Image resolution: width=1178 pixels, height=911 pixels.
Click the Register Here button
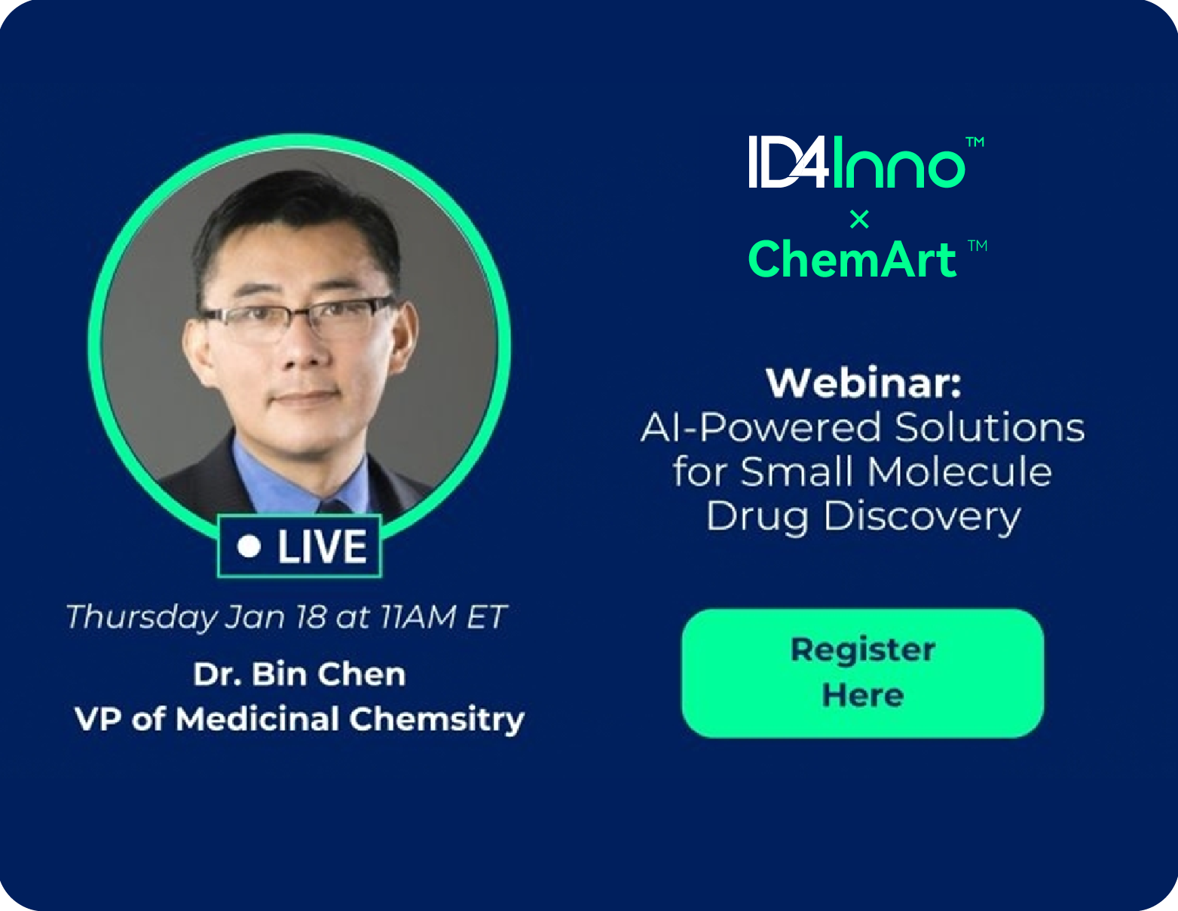[x=862, y=673]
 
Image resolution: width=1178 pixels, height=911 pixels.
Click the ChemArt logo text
[x=852, y=260]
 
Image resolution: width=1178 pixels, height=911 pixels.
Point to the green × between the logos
[x=859, y=219]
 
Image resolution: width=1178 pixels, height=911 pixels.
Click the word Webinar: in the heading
[x=863, y=383]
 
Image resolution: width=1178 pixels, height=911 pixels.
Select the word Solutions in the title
[x=990, y=427]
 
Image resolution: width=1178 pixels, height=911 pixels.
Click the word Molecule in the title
[x=959, y=471]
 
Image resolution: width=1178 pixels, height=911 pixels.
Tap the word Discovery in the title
[x=922, y=516]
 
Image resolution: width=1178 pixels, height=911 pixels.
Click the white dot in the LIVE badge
[x=249, y=546]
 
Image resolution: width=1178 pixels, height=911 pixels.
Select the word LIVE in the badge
[x=322, y=546]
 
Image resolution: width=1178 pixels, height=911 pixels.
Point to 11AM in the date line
[x=418, y=616]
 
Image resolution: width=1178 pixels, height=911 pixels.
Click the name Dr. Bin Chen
[x=299, y=674]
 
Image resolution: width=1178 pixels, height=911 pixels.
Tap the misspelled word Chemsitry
[x=436, y=720]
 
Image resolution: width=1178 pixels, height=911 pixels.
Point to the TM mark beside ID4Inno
[x=975, y=142]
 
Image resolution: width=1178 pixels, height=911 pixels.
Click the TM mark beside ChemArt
[x=978, y=246]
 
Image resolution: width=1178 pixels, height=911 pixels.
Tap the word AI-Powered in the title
[x=761, y=427]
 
